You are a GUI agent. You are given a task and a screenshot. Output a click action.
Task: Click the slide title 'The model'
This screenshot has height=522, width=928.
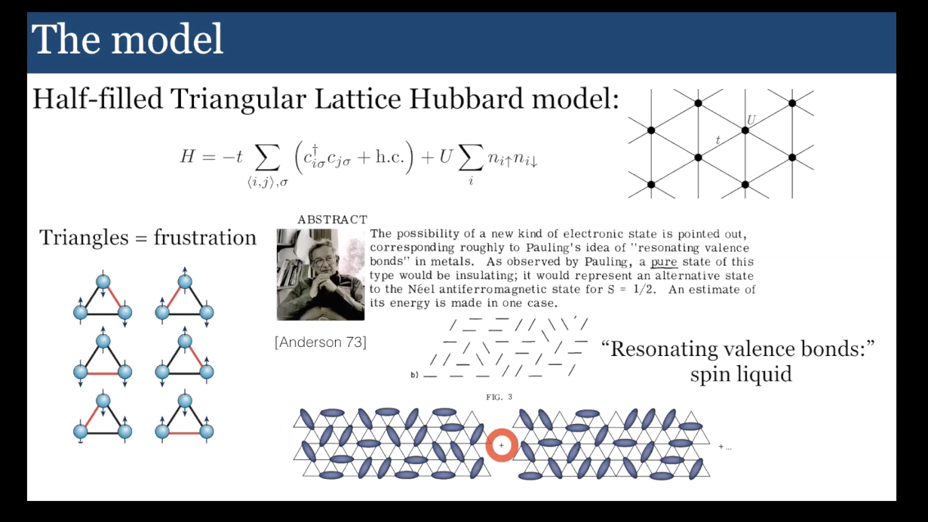128,39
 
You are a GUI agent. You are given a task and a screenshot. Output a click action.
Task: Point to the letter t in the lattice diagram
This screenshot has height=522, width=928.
718,140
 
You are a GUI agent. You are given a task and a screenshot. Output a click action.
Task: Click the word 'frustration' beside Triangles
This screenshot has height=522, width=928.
204,238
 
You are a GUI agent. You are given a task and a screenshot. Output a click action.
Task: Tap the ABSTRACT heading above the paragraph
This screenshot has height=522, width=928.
332,220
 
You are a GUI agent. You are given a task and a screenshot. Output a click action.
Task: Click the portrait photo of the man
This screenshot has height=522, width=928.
321,274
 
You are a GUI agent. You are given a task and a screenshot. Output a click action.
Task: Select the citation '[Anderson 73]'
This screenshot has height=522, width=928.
321,342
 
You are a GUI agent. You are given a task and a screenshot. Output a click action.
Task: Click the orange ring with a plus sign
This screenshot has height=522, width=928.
501,446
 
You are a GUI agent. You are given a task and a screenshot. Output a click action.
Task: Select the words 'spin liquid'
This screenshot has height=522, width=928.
740,373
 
